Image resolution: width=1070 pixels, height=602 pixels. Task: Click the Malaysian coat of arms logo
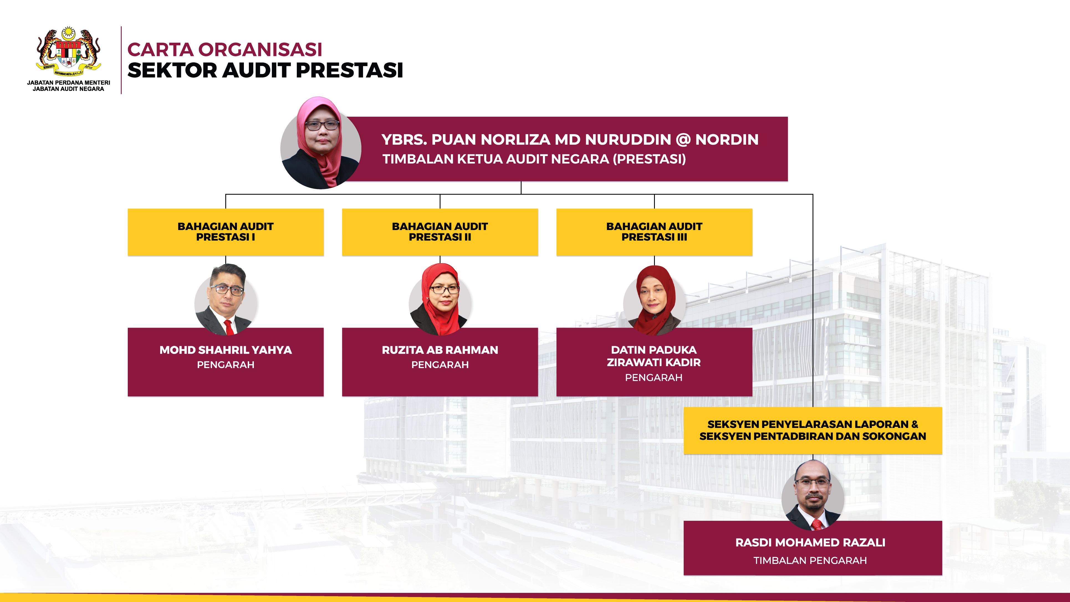68,52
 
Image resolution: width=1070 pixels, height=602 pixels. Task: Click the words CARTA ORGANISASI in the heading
225,49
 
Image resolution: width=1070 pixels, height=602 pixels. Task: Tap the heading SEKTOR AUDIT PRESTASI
265,70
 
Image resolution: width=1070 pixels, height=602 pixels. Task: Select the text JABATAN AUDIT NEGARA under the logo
68,89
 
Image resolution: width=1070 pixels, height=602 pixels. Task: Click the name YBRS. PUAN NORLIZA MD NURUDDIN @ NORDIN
570,140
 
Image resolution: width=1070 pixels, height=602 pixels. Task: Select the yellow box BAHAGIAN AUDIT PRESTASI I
226,232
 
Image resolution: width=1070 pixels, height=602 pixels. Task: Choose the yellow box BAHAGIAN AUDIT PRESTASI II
440,232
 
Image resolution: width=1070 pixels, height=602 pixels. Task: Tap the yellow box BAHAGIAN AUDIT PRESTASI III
654,232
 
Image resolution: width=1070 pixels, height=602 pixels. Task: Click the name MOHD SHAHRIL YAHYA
226,350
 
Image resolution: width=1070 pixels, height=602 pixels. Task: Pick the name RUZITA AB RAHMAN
440,350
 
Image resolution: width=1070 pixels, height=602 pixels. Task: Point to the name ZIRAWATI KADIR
654,362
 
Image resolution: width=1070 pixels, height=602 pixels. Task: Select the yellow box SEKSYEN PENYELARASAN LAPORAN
813,430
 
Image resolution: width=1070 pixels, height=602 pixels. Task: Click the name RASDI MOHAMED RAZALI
810,543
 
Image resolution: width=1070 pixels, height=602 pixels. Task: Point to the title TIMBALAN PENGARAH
810,560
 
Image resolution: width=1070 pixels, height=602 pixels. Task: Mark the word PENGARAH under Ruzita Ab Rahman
440,365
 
